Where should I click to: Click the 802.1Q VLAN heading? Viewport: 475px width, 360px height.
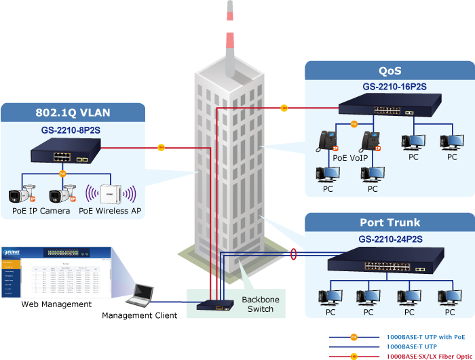click(73, 113)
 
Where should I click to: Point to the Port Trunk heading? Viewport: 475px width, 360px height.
click(389, 223)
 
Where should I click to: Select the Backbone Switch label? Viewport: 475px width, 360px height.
click(260, 304)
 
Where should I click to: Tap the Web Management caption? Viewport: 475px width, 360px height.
click(56, 304)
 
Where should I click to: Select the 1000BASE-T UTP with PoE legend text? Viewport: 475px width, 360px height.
click(425, 336)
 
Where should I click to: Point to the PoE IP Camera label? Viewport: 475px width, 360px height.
click(41, 211)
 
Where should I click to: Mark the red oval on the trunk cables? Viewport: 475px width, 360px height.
click(293, 254)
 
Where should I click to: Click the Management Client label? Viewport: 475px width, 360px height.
click(139, 315)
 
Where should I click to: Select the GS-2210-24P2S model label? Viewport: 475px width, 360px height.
click(390, 239)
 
